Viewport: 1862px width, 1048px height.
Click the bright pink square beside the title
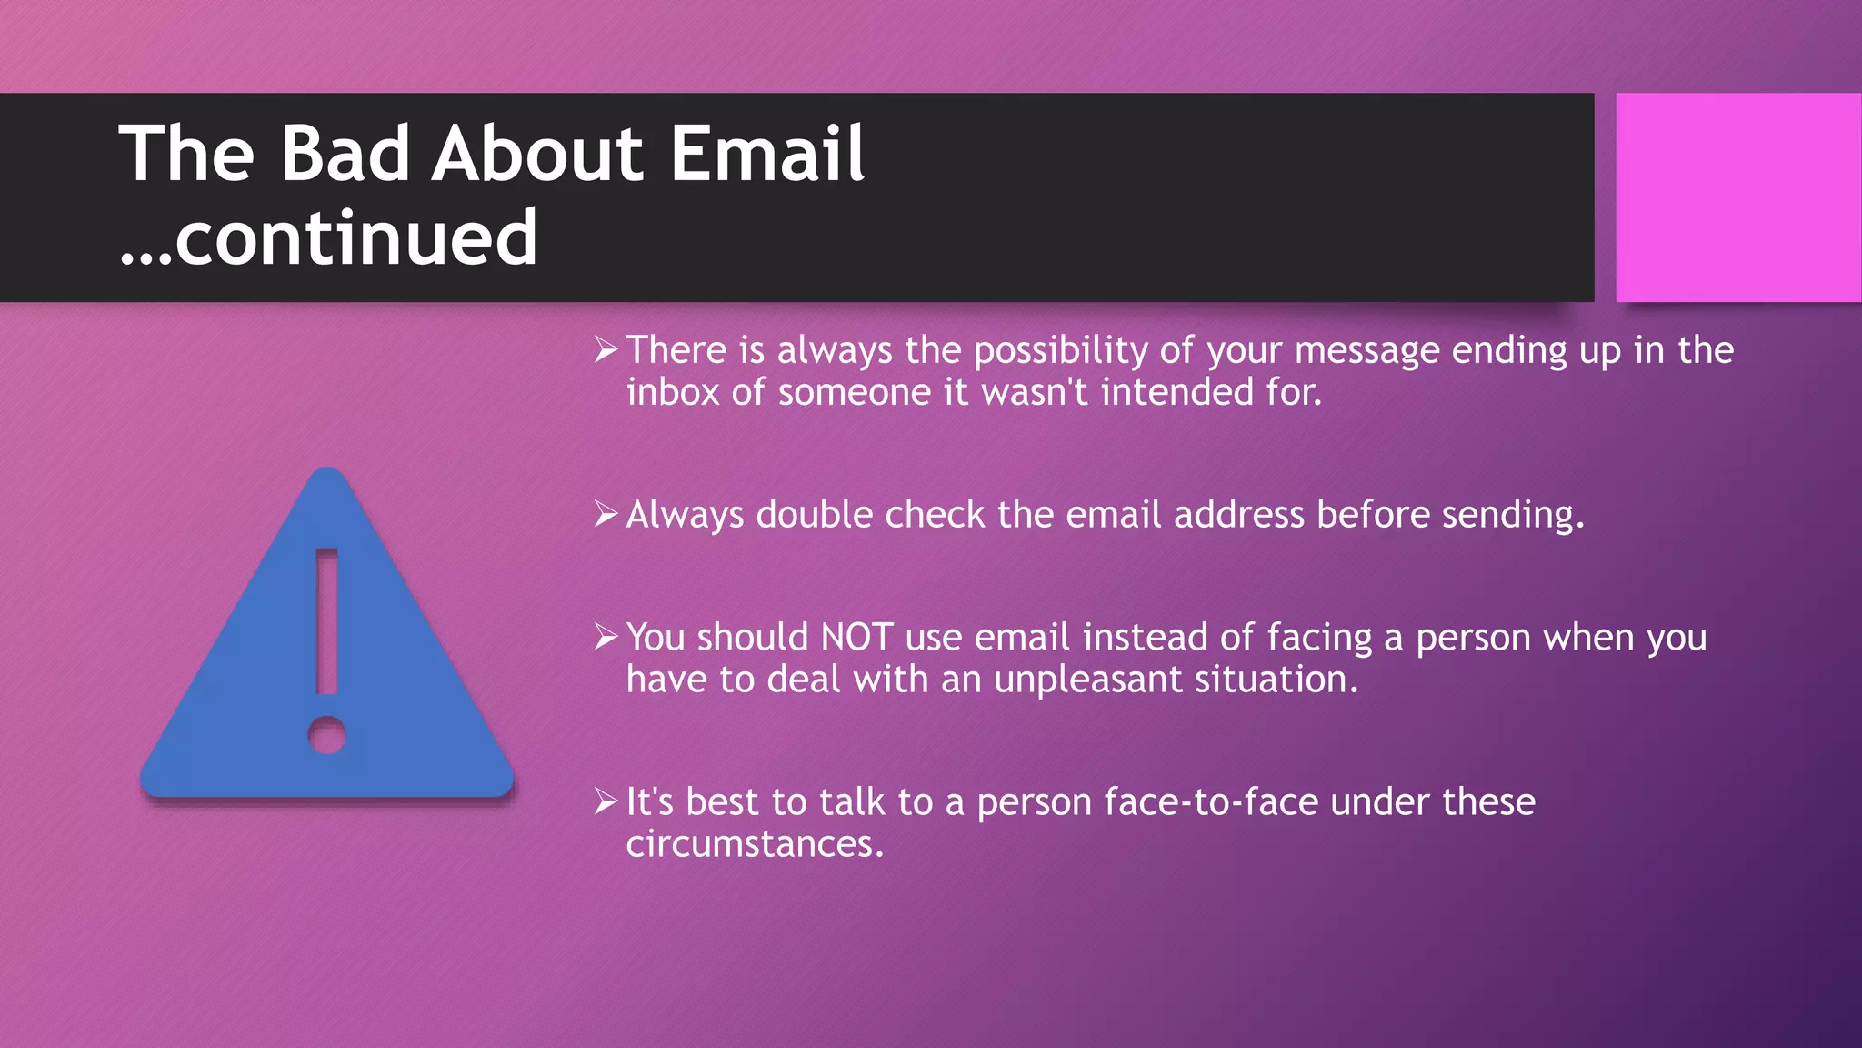(x=1737, y=197)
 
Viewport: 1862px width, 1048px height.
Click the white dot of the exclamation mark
(x=327, y=735)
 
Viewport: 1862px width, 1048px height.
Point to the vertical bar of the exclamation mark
(x=327, y=621)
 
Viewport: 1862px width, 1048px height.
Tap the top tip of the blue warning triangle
(x=327, y=475)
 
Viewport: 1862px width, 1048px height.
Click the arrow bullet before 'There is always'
(x=606, y=349)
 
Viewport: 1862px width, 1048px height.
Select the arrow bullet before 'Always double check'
(x=606, y=514)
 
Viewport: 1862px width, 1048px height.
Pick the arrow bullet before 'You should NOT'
(x=606, y=637)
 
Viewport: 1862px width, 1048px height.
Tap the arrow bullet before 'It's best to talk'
(x=606, y=801)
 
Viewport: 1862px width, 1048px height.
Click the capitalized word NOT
(x=856, y=637)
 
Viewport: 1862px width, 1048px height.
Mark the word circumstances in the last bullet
(x=754, y=844)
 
